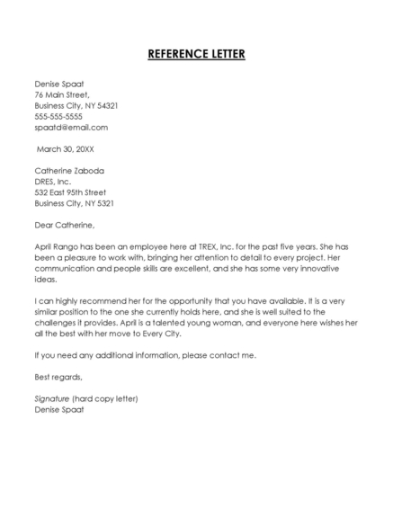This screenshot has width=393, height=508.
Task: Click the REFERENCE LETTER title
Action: pos(196,54)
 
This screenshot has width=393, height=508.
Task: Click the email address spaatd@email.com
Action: pos(71,127)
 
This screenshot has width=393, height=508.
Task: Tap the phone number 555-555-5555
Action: pos(58,116)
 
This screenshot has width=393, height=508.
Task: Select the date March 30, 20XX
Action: pos(66,148)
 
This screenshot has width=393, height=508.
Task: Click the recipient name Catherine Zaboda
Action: pos(69,170)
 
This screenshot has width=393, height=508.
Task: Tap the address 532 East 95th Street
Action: pos(70,192)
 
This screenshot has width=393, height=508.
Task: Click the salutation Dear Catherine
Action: pos(64,224)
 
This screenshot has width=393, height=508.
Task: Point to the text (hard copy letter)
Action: pos(112,398)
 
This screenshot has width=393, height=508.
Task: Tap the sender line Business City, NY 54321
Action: pos(76,105)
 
